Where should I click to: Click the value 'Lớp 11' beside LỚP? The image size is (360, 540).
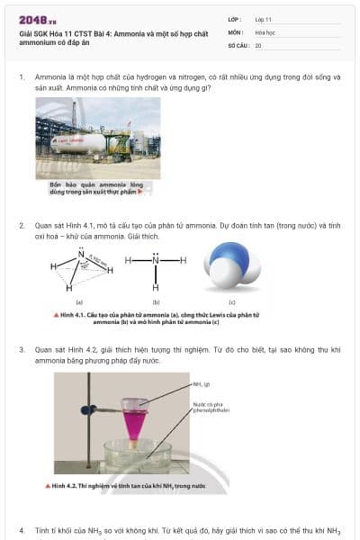264,19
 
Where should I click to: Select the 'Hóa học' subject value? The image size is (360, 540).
265,31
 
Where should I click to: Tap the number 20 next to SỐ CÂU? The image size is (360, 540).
258,44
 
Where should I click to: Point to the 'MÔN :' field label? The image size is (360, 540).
236,31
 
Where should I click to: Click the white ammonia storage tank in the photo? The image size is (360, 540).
79,142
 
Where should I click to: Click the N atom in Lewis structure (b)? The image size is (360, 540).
155,260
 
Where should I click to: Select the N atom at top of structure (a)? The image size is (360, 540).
81,255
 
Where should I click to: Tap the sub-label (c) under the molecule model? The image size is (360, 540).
231,303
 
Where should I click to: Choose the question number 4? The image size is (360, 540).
22,530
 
